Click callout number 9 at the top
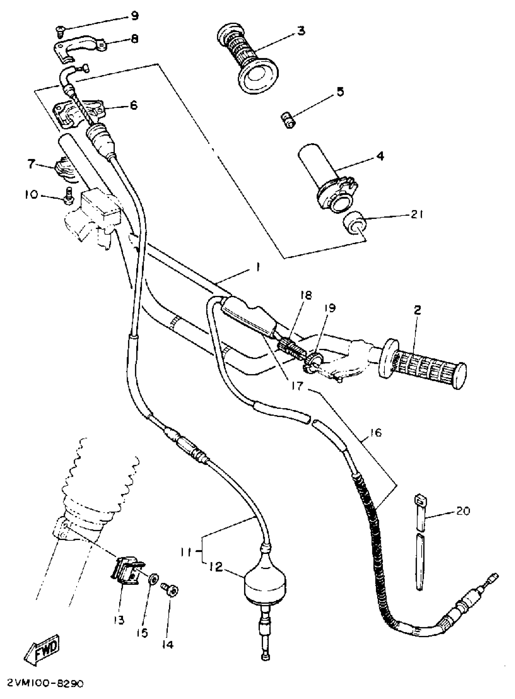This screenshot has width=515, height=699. click(135, 16)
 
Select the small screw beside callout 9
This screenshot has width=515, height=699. click(59, 30)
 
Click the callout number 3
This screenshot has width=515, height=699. click(301, 31)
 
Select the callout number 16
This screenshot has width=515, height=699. click(377, 432)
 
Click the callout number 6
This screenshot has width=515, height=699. click(133, 105)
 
